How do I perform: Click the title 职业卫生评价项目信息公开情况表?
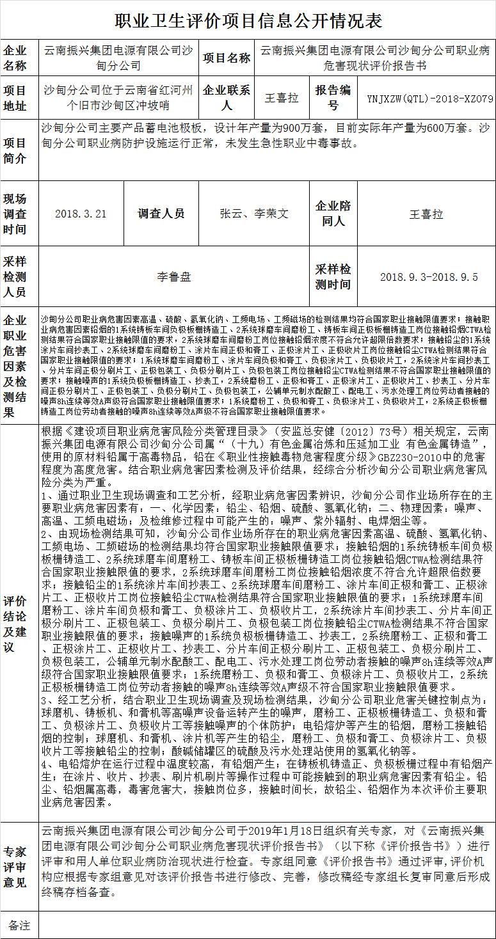click(x=248, y=21)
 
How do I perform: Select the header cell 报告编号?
click(x=333, y=98)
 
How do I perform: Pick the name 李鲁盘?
click(x=174, y=277)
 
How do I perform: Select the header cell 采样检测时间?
click(x=333, y=277)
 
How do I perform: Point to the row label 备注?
click(x=19, y=925)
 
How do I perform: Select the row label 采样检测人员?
click(x=17, y=277)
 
